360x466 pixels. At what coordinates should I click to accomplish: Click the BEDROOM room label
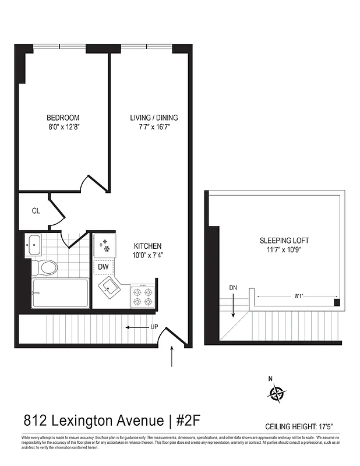click(63, 118)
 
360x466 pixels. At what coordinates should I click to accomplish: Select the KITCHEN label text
click(147, 246)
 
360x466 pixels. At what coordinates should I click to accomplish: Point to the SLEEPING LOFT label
click(284, 241)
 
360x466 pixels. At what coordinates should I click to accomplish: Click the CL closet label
click(36, 211)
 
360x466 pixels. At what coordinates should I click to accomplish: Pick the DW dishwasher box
click(104, 267)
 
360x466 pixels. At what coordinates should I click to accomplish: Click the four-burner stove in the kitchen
click(142, 295)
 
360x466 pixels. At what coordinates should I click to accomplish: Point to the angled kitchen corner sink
click(110, 288)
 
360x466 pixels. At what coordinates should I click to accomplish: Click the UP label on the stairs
click(154, 327)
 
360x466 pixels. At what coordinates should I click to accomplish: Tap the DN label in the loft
click(233, 288)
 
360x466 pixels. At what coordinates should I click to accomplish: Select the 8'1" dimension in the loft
click(299, 296)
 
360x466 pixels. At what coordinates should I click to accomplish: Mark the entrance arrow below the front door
click(172, 356)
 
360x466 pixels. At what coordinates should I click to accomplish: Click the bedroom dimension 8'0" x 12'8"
click(63, 126)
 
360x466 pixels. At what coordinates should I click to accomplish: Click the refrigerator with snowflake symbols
click(104, 245)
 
